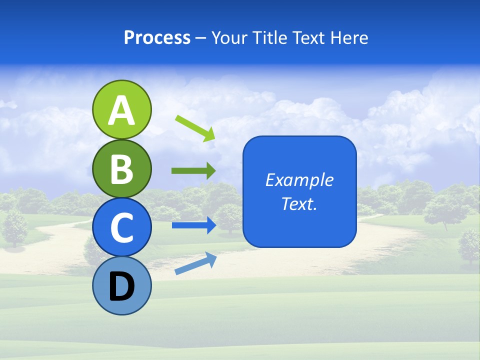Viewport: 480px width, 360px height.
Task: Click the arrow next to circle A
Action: pyautogui.click(x=195, y=128)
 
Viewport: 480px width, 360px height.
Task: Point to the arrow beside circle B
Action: pyautogui.click(x=193, y=171)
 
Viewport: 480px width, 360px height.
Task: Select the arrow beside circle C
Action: pyautogui.click(x=193, y=225)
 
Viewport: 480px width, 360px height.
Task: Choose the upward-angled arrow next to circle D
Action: pyautogui.click(x=195, y=263)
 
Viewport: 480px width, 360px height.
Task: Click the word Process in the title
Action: pyautogui.click(x=157, y=38)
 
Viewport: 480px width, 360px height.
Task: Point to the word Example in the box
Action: pyautogui.click(x=299, y=180)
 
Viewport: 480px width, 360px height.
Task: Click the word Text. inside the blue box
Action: pyautogui.click(x=299, y=204)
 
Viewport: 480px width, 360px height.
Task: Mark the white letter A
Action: pyautogui.click(x=121, y=111)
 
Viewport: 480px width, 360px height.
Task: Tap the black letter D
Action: pyautogui.click(x=121, y=287)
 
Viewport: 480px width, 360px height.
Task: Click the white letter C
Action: pyautogui.click(x=121, y=228)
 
